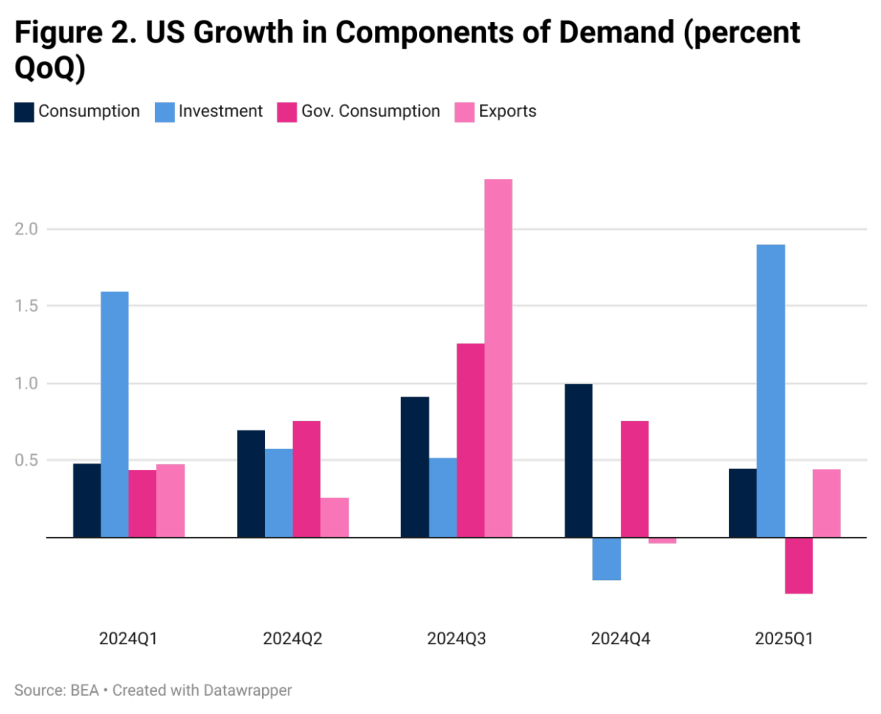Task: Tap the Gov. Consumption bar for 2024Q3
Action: tap(471, 440)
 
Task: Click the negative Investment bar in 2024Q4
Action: tap(606, 559)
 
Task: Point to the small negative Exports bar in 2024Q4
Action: tap(662, 541)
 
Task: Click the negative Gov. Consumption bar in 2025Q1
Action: tap(799, 566)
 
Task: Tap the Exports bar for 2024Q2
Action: tap(335, 517)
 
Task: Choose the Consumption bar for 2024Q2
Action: tap(251, 483)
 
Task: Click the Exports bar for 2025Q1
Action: tap(827, 503)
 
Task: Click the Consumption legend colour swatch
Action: tap(24, 112)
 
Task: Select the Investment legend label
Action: tap(221, 112)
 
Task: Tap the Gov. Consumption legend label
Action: tap(371, 112)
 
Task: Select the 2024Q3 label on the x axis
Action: tap(457, 638)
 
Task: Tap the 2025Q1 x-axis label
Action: tap(784, 638)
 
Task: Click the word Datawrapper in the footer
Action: tap(253, 690)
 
